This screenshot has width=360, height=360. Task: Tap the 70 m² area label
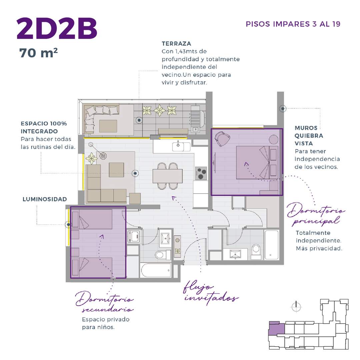point(38,53)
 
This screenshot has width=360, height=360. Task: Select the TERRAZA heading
point(176,44)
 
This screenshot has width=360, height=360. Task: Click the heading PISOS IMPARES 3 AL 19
point(293,24)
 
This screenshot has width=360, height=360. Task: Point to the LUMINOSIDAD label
point(45,199)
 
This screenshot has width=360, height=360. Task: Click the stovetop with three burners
point(201,173)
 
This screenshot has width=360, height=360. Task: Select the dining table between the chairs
point(168,176)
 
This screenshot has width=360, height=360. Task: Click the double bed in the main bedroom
point(257,163)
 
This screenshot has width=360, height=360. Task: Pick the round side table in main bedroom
point(273,139)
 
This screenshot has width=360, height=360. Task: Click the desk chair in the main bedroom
point(222,138)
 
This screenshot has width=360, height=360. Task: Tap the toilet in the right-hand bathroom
point(256,251)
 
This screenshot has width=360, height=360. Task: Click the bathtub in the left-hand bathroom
point(156,270)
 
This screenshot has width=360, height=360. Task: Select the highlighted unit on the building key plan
point(277,328)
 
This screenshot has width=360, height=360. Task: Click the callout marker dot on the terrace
point(139,120)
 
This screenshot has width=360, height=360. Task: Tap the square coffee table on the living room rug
point(116,170)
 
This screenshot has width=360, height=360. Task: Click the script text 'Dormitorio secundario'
point(104,301)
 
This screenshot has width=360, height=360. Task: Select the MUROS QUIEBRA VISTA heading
point(309,136)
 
